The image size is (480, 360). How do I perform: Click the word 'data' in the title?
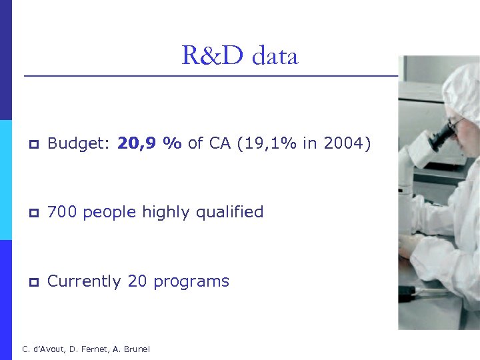275,56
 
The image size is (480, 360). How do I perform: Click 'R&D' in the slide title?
213,56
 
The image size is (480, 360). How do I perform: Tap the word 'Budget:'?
79,143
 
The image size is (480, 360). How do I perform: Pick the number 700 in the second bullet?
63,213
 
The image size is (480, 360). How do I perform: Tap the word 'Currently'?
85,282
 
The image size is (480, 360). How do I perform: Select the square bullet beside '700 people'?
33,214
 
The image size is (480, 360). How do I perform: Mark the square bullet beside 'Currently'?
33,283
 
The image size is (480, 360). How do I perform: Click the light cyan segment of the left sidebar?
6,180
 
